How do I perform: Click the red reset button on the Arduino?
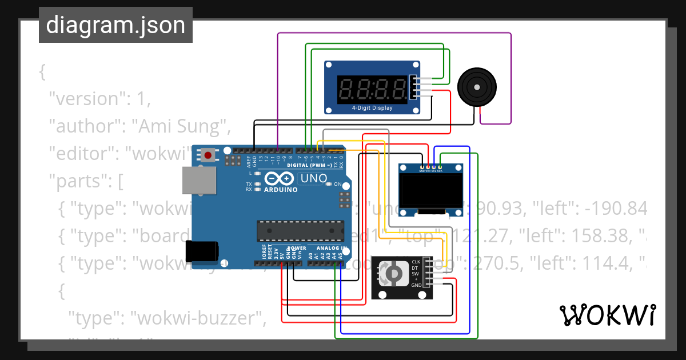[x=208, y=155]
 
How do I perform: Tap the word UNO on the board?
[x=314, y=178]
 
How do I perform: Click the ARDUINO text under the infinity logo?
[x=281, y=190]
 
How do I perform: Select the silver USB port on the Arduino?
[x=199, y=181]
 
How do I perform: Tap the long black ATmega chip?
[x=300, y=230]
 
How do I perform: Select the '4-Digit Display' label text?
[x=372, y=107]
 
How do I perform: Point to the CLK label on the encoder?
[x=416, y=262]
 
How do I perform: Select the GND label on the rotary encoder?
[x=416, y=285]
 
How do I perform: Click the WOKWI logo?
[x=608, y=315]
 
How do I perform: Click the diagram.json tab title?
[x=115, y=25]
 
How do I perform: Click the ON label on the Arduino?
[x=337, y=184]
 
